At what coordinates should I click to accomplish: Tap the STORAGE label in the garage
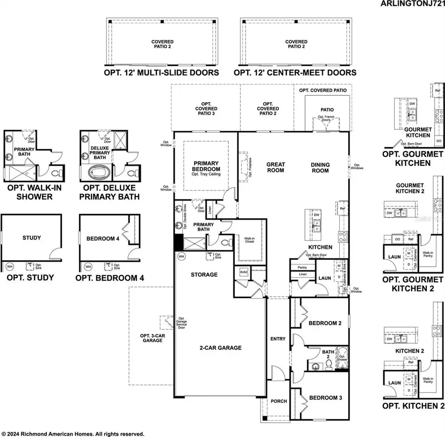(x=204, y=275)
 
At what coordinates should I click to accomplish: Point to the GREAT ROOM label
(x=275, y=167)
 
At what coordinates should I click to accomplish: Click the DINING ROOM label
(x=320, y=167)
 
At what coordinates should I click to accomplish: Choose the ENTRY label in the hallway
(x=278, y=339)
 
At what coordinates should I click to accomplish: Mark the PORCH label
(x=279, y=401)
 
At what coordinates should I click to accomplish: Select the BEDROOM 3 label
(x=325, y=398)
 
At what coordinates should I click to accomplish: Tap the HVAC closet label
(x=243, y=272)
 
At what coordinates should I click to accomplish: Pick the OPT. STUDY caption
(x=30, y=278)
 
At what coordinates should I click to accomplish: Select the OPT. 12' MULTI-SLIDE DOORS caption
(x=161, y=73)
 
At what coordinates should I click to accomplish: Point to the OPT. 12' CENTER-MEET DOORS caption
(x=295, y=73)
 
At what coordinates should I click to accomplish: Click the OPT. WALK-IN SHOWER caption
(x=30, y=192)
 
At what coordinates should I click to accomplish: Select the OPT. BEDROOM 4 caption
(x=110, y=278)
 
